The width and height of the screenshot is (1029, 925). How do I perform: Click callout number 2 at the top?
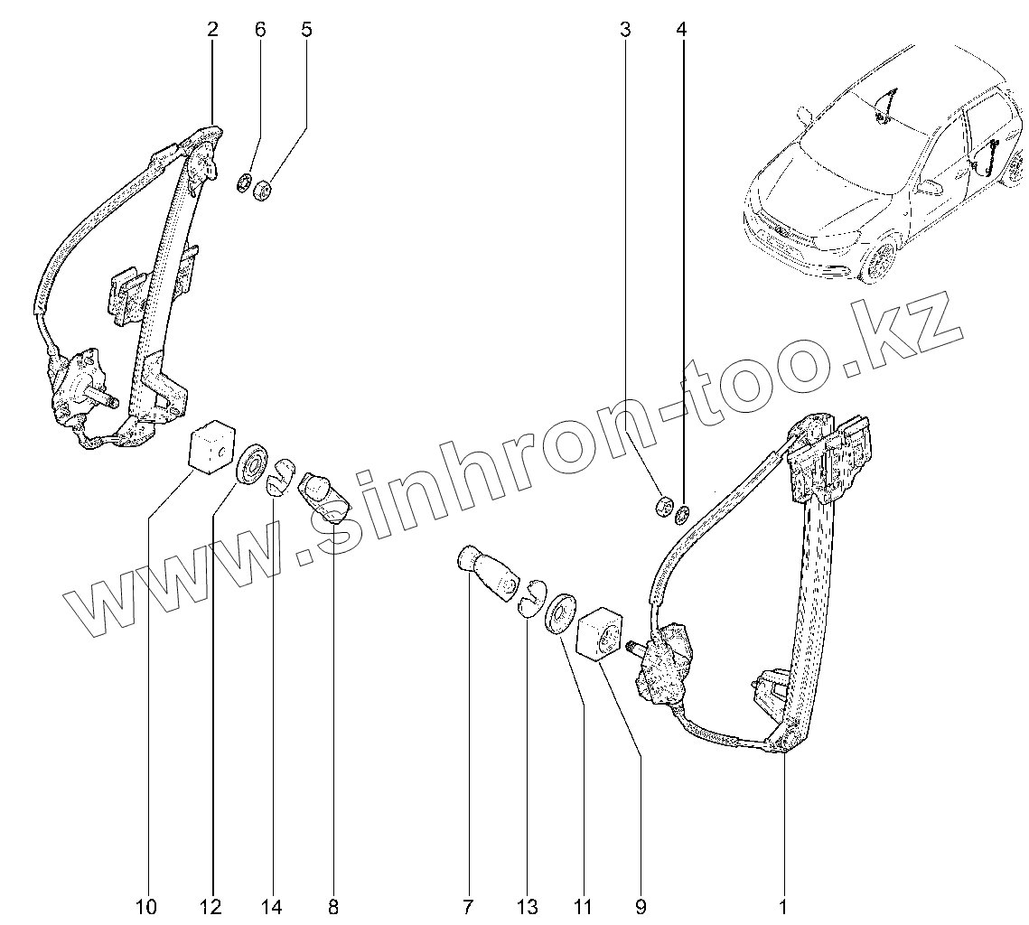point(212,29)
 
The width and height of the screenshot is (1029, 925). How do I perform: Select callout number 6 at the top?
point(260,29)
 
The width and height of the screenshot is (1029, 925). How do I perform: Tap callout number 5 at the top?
point(306,29)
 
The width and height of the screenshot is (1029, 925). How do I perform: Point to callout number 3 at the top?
point(625,29)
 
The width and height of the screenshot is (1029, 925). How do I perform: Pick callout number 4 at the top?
point(681,29)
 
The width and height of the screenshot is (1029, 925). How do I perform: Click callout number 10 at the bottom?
point(146,906)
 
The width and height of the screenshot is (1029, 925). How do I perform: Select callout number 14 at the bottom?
point(272,906)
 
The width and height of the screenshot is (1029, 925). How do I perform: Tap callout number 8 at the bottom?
point(333,906)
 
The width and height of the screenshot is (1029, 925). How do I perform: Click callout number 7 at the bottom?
point(468,906)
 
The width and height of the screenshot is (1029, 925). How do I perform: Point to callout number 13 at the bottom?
point(528,906)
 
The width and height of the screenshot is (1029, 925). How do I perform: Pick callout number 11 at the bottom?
point(582,906)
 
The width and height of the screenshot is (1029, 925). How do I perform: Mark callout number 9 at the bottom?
point(641,906)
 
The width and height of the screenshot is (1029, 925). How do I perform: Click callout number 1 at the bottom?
point(783,906)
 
